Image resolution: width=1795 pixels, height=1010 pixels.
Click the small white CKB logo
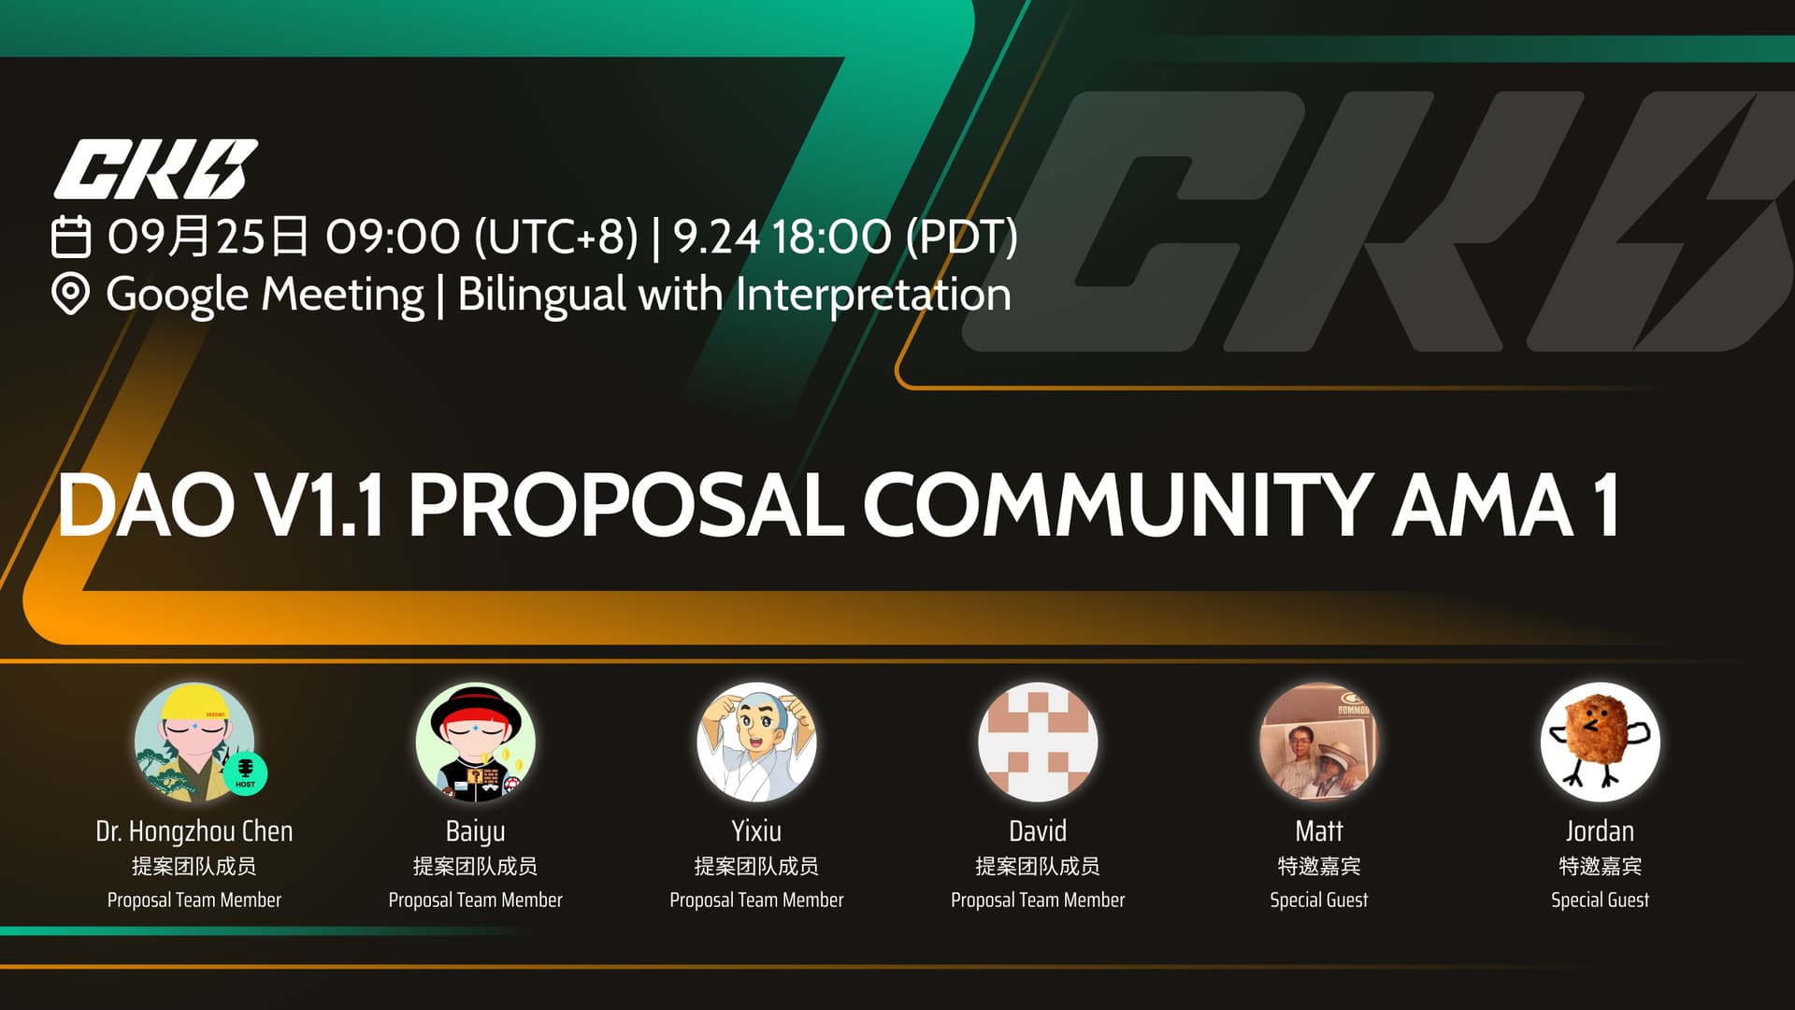tap(156, 169)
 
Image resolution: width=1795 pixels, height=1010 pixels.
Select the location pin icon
tap(70, 294)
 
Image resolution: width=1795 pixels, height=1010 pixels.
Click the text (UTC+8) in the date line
tap(556, 237)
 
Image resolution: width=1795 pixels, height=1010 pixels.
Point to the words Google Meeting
tap(265, 295)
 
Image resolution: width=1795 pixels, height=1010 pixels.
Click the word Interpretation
tap(873, 295)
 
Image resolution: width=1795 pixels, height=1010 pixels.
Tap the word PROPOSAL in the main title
tap(625, 505)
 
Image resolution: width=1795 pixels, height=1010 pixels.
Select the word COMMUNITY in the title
tap(1117, 505)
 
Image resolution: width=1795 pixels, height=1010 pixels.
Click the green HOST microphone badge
tap(245, 773)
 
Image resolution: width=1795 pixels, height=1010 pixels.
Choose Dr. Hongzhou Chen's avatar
tap(194, 743)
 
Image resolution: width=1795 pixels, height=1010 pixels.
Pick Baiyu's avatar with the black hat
tap(476, 743)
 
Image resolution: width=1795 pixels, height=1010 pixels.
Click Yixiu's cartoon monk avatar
tap(756, 743)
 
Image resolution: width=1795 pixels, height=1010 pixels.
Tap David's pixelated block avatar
tap(1038, 743)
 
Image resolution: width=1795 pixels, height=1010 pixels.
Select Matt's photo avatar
tap(1319, 743)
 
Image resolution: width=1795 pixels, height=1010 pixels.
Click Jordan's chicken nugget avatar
tap(1601, 743)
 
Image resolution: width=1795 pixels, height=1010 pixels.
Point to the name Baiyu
tap(476, 831)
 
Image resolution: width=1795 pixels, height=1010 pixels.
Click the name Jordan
tap(1601, 830)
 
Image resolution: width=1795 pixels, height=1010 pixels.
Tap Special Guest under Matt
tap(1319, 900)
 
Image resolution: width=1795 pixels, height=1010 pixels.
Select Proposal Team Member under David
tap(1038, 900)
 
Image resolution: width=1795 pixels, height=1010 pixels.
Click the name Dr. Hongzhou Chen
tap(194, 830)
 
